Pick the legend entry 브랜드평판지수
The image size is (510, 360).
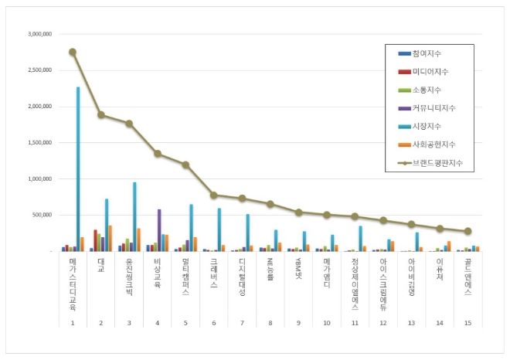tap(435, 163)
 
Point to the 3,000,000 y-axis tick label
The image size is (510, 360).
tap(39, 35)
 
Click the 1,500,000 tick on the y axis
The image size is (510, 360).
tap(39, 143)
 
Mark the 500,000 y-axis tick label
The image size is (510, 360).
tap(42, 216)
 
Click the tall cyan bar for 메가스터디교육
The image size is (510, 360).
tap(78, 170)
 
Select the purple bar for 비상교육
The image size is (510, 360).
tap(159, 230)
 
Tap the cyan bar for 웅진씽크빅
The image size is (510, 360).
tap(134, 217)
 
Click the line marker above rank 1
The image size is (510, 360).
tap(72, 52)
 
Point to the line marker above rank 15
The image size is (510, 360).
tap(467, 231)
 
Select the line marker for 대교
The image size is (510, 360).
tap(100, 114)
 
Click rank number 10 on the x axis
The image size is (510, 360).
tap(326, 323)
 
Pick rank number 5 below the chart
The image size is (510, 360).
tap(185, 323)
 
